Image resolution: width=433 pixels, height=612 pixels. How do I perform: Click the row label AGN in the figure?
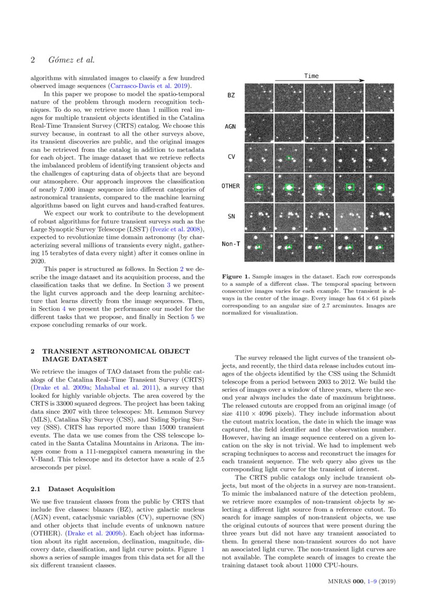[x=230, y=126]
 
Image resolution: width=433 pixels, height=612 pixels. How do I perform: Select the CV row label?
[x=231, y=156]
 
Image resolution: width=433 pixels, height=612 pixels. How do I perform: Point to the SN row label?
[x=231, y=216]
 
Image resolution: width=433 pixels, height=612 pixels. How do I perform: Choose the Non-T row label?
[x=230, y=244]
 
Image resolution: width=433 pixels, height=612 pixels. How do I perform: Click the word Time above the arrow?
[x=311, y=76]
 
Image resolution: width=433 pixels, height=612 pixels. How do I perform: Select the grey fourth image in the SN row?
[x=349, y=217]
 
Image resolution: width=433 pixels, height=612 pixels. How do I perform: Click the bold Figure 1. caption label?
[x=238, y=276]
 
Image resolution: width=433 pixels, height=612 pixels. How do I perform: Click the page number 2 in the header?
[x=32, y=60]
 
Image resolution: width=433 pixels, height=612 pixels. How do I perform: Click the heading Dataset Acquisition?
[x=81, y=489]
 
